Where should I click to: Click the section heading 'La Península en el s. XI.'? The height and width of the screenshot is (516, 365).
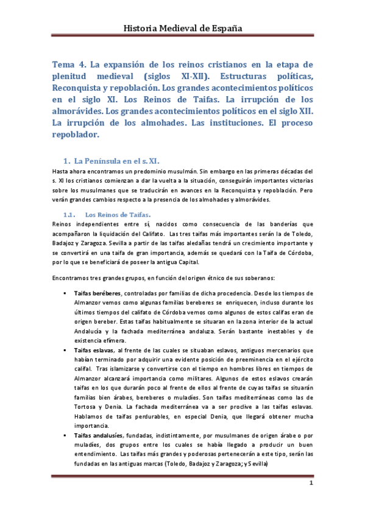click(x=116, y=161)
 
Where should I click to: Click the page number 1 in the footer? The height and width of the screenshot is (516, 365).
click(x=311, y=484)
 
